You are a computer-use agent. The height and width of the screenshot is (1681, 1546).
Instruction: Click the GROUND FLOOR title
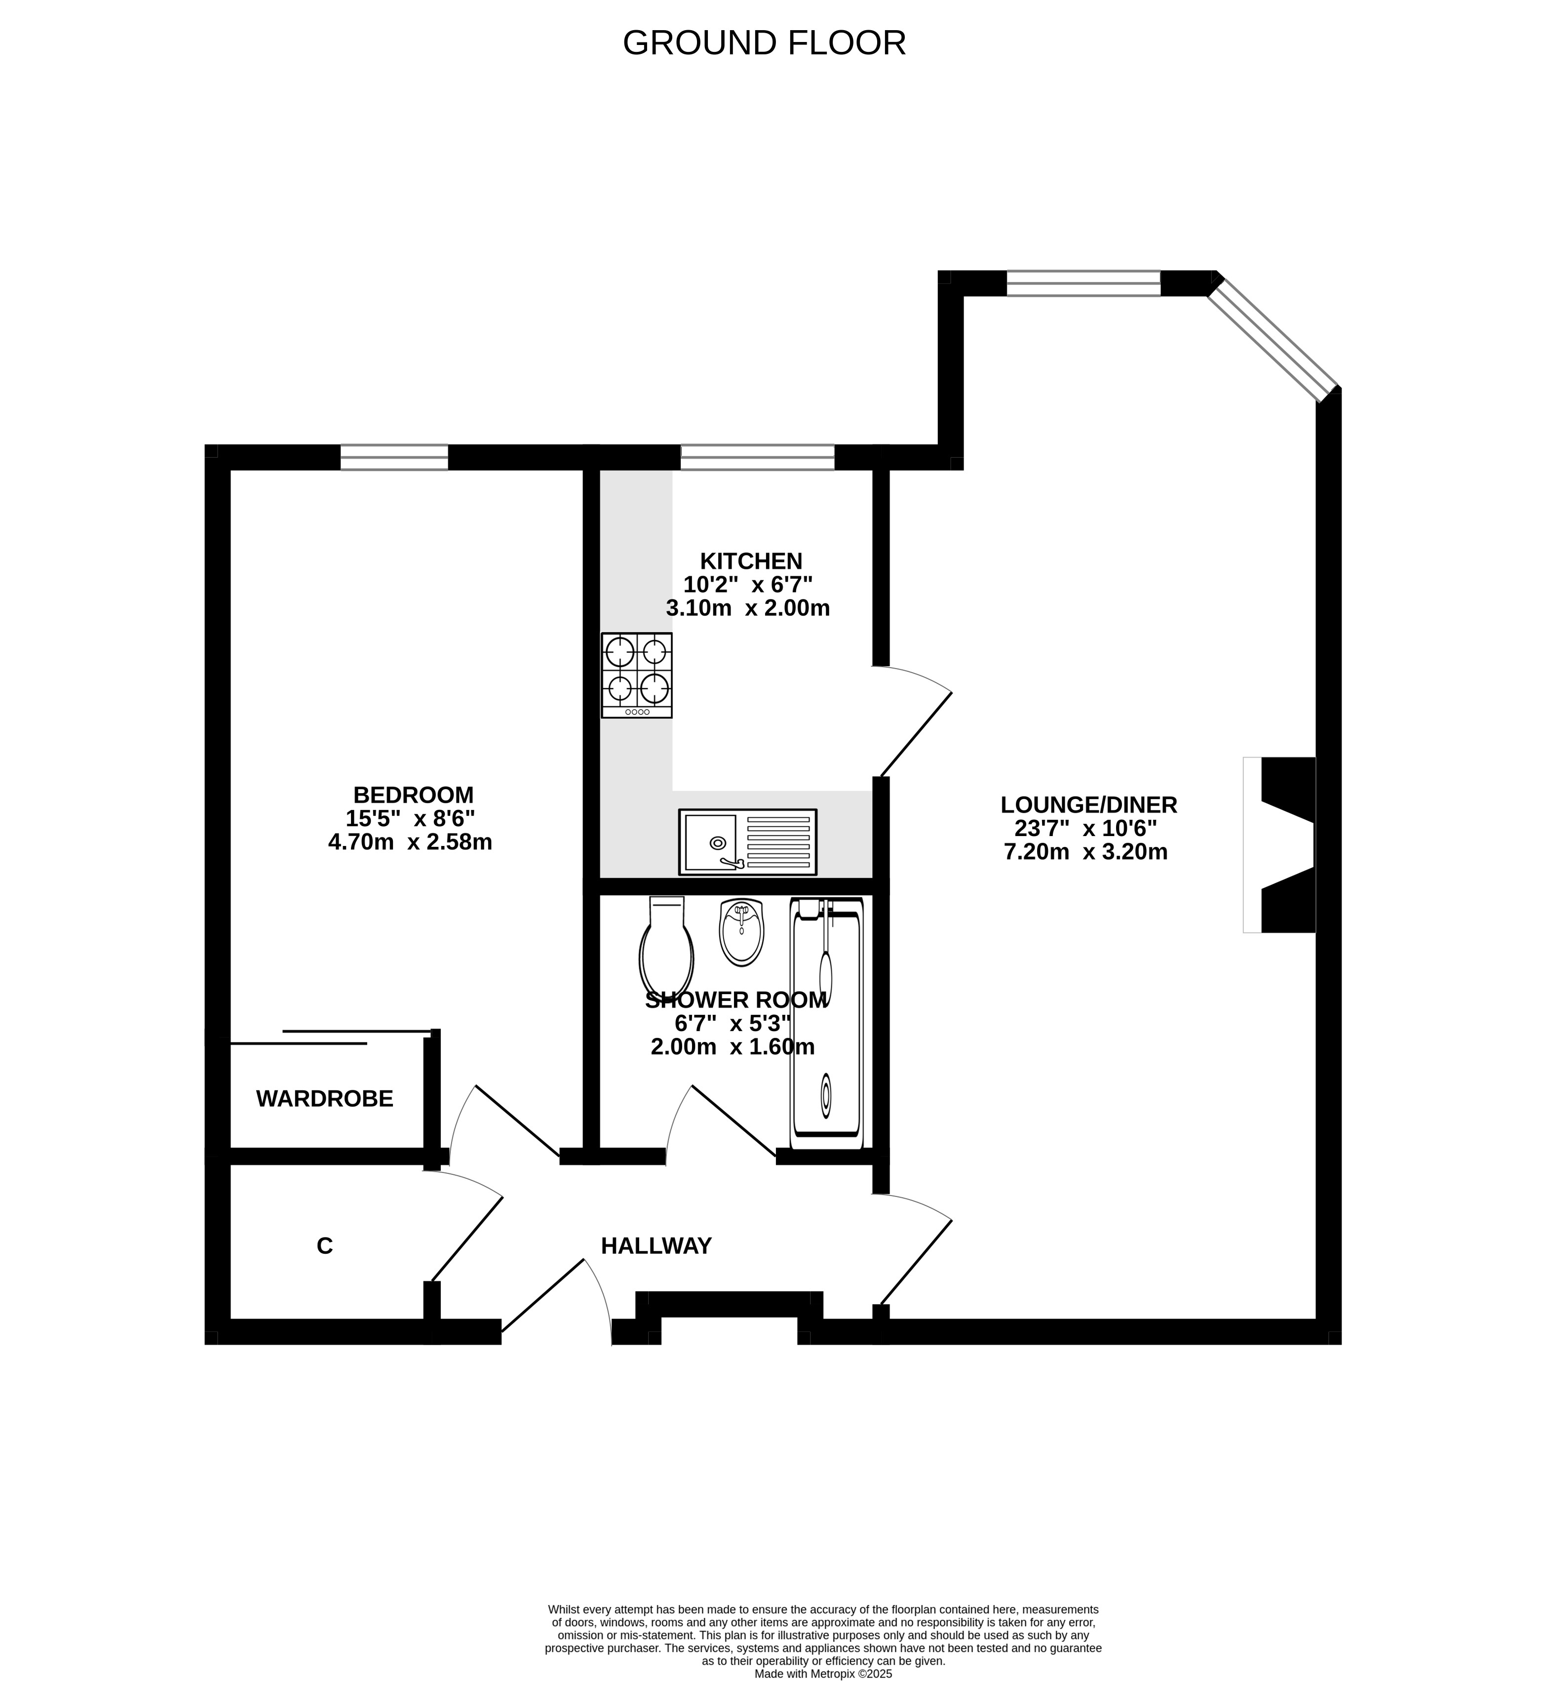tap(764, 42)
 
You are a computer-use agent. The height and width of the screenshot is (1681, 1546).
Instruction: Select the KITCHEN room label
tap(751, 560)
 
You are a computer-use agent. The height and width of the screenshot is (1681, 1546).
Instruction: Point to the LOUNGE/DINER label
tap(1088, 805)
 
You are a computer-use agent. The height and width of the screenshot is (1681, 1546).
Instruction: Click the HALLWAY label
tap(656, 1246)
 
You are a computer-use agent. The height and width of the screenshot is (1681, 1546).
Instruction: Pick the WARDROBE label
tap(325, 1099)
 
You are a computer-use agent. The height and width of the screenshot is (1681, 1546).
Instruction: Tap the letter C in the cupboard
tap(325, 1246)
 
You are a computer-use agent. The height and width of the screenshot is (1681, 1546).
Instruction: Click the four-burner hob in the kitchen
tap(637, 675)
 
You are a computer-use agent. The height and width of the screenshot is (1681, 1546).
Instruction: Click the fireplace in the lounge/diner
tap(1279, 844)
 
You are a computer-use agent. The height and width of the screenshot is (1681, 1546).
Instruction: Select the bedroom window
tap(394, 457)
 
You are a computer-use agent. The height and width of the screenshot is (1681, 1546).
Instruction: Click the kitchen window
tap(757, 457)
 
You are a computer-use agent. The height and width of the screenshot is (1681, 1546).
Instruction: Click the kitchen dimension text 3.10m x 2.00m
tap(748, 607)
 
